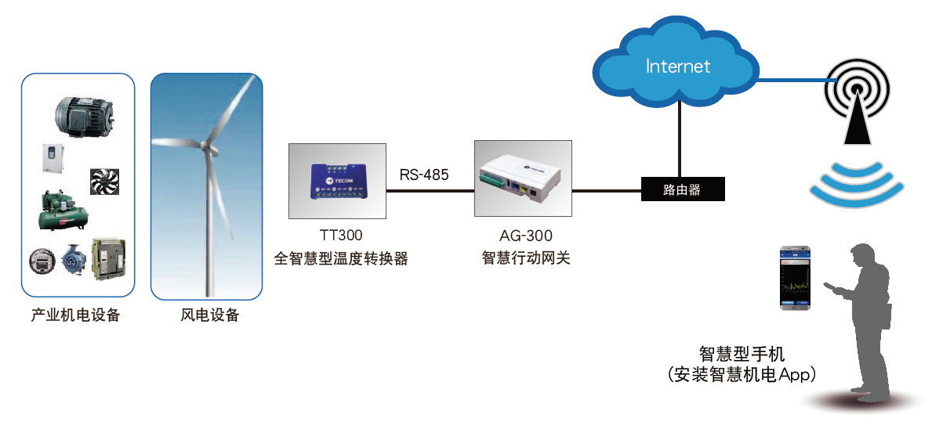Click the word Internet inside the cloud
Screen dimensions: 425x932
click(x=678, y=66)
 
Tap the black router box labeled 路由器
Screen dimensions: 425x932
click(x=682, y=190)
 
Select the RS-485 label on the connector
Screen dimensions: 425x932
click(x=424, y=175)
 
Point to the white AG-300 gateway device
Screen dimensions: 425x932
click(x=521, y=178)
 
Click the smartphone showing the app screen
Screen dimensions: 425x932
click(x=794, y=278)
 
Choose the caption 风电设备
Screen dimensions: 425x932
click(x=207, y=316)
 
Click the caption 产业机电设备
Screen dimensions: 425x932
click(x=76, y=316)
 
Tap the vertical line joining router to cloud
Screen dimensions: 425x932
click(x=679, y=141)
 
